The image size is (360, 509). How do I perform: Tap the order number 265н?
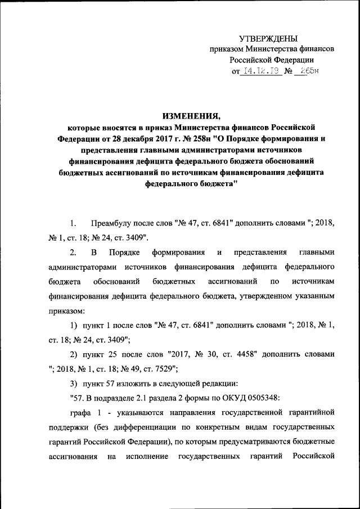point(310,72)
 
